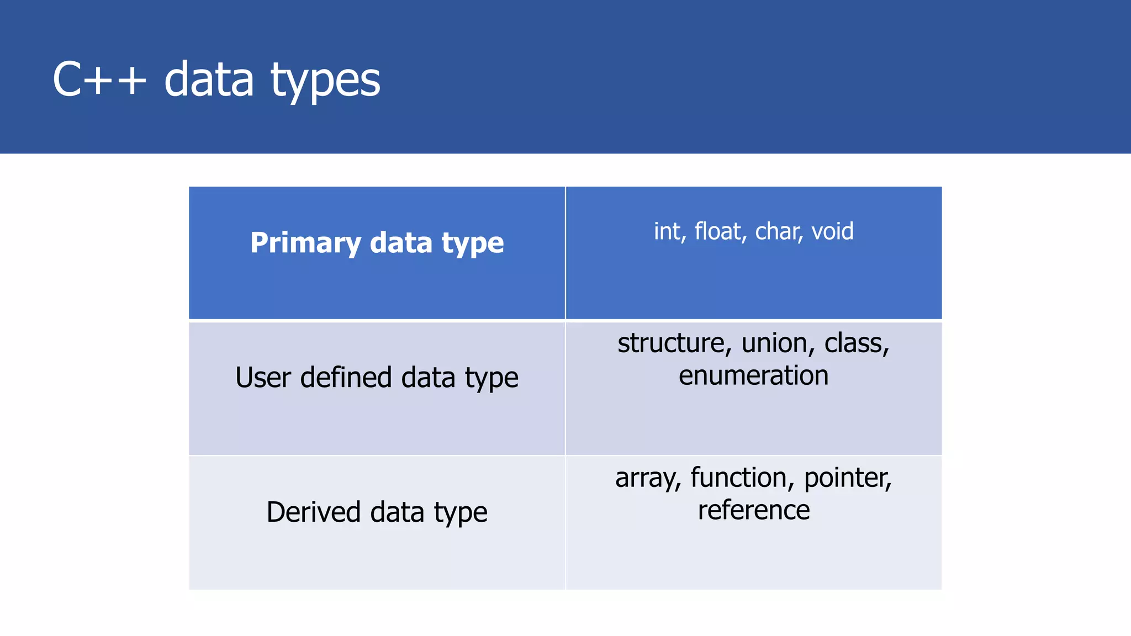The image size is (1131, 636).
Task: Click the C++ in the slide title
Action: [x=99, y=80]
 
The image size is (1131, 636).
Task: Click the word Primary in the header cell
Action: [x=305, y=243]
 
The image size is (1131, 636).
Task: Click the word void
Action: [x=832, y=231]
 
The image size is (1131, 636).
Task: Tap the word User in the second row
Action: [x=263, y=378]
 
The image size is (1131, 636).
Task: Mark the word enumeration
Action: [x=753, y=376]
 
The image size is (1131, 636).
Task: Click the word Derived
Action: [x=314, y=512]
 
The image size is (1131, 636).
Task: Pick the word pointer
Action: [x=847, y=478]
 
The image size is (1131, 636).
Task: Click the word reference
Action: [x=753, y=510]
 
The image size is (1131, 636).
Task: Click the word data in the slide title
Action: [x=209, y=80]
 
